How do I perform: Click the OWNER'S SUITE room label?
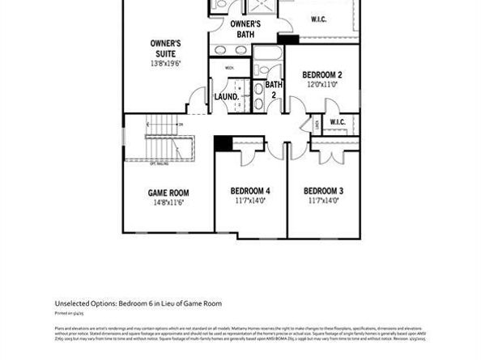(x=164, y=48)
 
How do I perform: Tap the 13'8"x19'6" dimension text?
(x=164, y=63)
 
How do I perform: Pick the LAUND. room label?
(x=227, y=97)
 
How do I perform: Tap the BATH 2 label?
(x=274, y=89)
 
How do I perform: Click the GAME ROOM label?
(x=168, y=193)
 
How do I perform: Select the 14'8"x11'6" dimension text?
(x=168, y=202)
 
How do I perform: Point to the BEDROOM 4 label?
(x=250, y=192)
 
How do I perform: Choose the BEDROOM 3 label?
(x=323, y=192)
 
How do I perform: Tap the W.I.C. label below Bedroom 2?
(x=337, y=122)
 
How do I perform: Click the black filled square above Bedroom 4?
(x=223, y=143)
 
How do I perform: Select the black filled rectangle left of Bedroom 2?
(x=287, y=38)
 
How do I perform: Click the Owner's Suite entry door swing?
(x=195, y=103)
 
